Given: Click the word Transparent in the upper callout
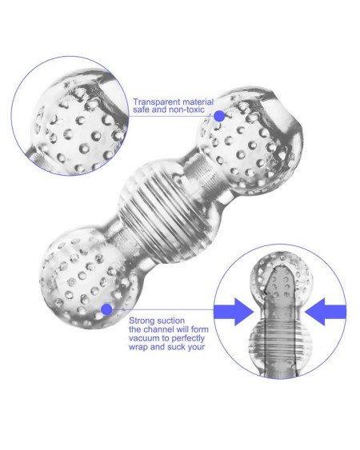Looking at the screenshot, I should tap(153, 102).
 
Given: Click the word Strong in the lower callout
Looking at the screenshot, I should tap(142, 321).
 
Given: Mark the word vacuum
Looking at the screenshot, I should tap(146, 339).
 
